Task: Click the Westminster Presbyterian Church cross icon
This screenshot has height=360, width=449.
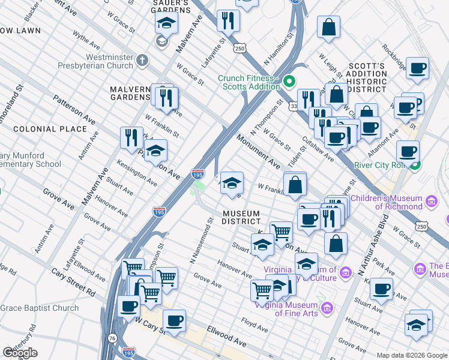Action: tap(142, 61)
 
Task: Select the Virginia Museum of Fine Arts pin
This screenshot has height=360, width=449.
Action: tap(327, 308)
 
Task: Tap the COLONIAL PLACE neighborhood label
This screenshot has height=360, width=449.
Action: tap(50, 129)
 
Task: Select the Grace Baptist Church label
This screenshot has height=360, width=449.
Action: tap(40, 308)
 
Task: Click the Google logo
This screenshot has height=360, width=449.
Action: tap(20, 353)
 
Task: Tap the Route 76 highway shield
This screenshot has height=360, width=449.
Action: tap(113, 339)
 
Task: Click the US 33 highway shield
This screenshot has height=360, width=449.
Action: tap(294, 106)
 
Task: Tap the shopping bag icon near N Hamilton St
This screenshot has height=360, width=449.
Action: tap(329, 27)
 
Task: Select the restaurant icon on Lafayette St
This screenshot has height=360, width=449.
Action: tap(229, 20)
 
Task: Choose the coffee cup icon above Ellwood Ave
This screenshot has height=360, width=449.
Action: tap(174, 320)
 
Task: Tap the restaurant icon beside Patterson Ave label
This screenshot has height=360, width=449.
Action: tap(131, 137)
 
